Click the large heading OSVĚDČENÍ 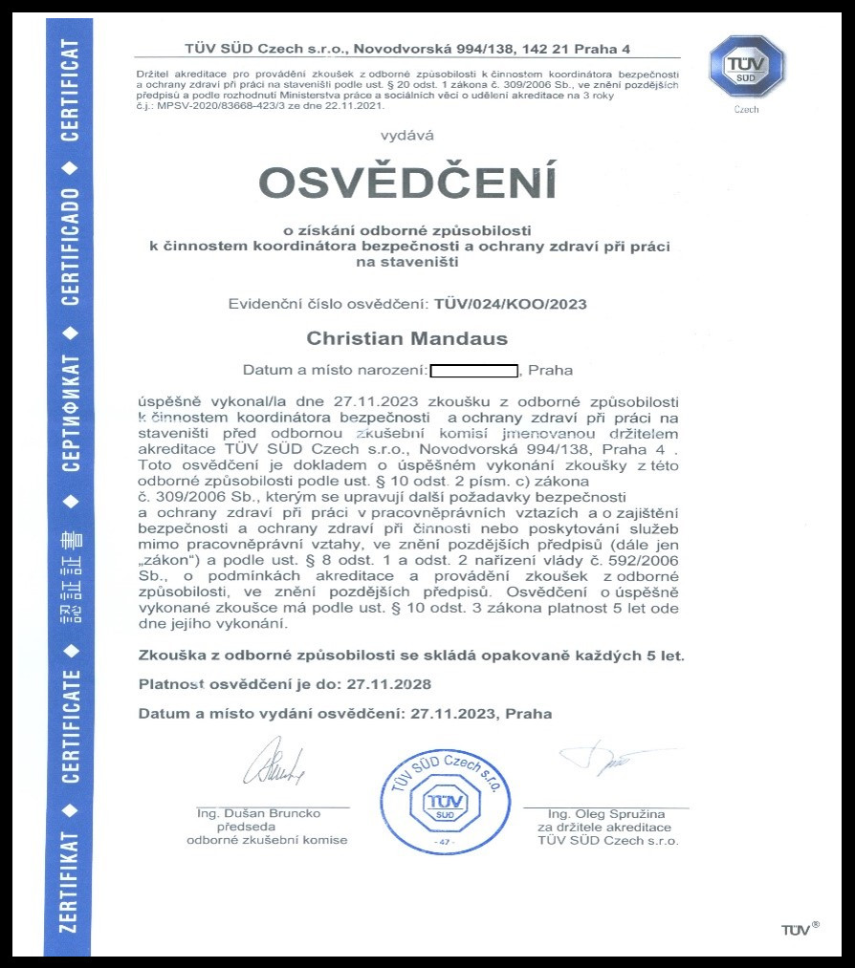click(x=407, y=183)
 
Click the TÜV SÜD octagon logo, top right click(x=746, y=67)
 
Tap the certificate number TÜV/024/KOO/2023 click(x=510, y=304)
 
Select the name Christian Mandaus click(x=406, y=338)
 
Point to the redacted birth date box click(x=473, y=370)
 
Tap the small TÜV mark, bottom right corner click(x=800, y=930)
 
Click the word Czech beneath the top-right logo click(x=746, y=110)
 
